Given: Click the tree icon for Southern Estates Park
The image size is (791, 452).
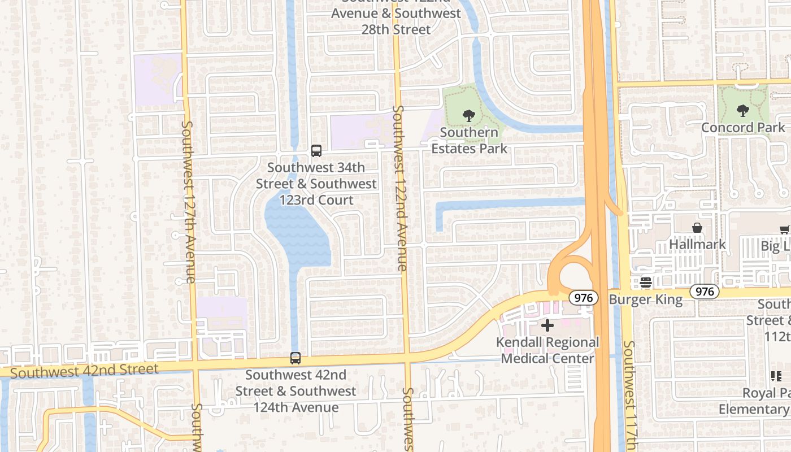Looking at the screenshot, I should (468, 116).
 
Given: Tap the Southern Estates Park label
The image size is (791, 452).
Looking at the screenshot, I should (470, 141).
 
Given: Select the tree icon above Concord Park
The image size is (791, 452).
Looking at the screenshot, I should (743, 111).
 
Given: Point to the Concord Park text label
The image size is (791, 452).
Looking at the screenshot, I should (743, 128).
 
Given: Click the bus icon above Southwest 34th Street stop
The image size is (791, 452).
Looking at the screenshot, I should (316, 151).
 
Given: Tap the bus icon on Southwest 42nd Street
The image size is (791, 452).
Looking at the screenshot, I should (295, 358).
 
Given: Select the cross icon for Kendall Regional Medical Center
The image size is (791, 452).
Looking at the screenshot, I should (547, 325).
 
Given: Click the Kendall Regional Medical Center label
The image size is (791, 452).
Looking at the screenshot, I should (547, 350).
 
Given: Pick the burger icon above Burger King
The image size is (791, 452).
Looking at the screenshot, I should (646, 282).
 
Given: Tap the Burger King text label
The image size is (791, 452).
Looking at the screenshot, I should (646, 299).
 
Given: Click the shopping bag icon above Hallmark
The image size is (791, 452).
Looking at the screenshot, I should (697, 228).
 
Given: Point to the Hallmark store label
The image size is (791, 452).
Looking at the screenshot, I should (697, 245).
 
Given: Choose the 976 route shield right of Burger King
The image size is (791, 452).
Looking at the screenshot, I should (705, 292).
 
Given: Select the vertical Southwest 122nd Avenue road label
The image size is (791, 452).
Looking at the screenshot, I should (399, 188).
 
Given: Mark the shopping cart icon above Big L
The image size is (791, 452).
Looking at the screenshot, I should (784, 229).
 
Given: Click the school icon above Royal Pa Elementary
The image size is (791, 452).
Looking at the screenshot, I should (776, 376).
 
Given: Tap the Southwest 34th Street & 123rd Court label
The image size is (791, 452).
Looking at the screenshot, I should (316, 184).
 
